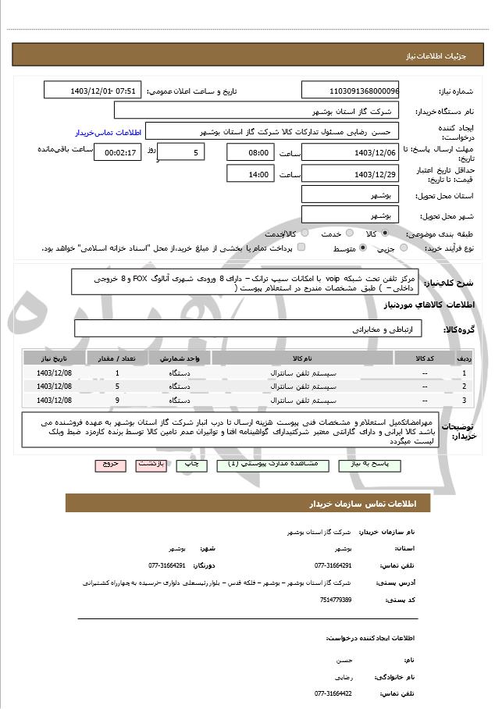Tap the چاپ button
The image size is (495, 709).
point(191,463)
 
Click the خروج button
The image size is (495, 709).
point(110,463)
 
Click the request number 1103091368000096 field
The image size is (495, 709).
point(349,91)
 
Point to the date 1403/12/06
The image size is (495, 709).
point(349,152)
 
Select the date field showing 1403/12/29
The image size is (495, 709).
point(349,174)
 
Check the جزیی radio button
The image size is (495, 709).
point(404,248)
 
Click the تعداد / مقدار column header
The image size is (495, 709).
point(117,358)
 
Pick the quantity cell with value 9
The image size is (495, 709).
point(117,400)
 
